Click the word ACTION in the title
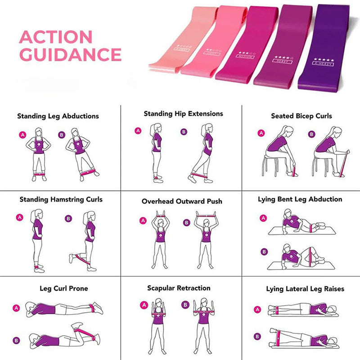pos(55,37)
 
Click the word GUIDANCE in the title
pos(71,54)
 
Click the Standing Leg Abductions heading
pos(58,116)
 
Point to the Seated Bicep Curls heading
pos(301,116)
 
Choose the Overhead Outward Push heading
pos(182,202)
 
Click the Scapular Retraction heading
pos(179,288)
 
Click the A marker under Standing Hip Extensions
pos(138,131)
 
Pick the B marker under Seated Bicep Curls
pos(311,134)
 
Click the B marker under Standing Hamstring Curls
pos(68,219)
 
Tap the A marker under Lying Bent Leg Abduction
pos(263,218)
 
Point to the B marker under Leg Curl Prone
pos(17,341)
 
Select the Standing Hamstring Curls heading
pos(61,199)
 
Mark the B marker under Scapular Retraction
pos(184,305)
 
